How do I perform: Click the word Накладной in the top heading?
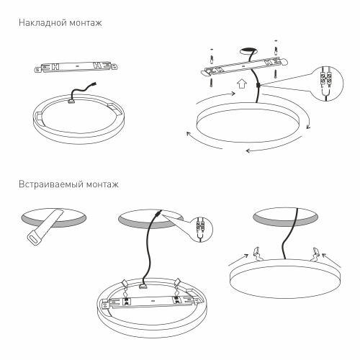click(x=40, y=23)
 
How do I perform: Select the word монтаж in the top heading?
click(x=86, y=23)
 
